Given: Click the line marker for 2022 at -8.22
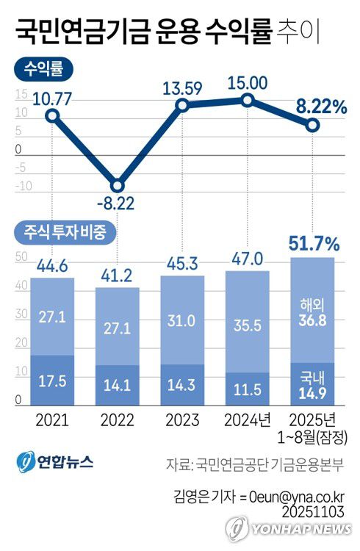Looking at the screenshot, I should (117, 185).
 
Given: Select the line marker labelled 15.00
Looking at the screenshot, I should (248, 100).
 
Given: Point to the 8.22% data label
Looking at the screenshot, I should (321, 107).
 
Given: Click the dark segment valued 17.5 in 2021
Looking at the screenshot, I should (52, 381).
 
